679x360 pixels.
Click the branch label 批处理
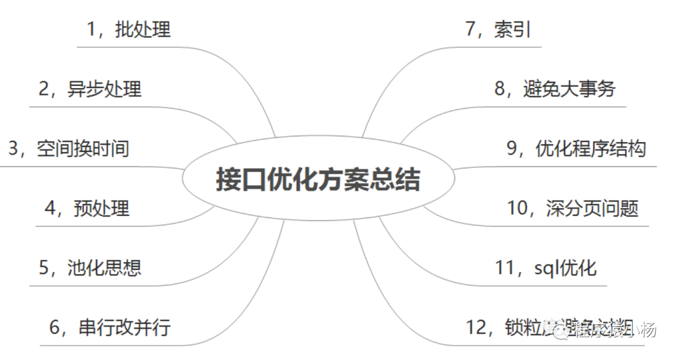point(143,29)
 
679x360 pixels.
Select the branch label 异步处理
point(104,89)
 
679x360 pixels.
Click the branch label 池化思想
point(104,267)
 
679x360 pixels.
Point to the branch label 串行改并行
point(124,327)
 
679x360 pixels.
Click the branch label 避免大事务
point(569,89)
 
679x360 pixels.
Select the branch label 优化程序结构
point(590,148)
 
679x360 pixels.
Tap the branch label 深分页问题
point(593,208)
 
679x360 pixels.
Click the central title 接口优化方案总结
point(317,180)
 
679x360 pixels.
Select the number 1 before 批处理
point(92,29)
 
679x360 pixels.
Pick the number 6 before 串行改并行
point(55,327)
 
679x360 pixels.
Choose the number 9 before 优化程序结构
point(512,148)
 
